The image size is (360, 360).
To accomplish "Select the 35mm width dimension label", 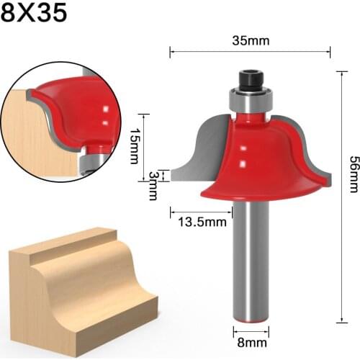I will pos(251,40).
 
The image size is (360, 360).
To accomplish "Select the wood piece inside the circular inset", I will pos(36,137).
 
